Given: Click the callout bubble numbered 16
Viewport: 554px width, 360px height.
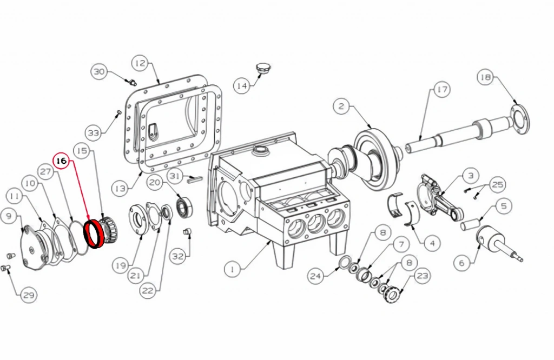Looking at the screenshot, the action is [x=62, y=161].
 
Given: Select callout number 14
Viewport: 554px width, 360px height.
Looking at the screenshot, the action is [x=242, y=86].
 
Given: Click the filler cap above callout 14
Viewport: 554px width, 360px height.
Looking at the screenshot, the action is [x=262, y=69].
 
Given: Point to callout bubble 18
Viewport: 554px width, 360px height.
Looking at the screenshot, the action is [x=486, y=77].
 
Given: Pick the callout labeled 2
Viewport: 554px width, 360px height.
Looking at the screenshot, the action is [x=341, y=106].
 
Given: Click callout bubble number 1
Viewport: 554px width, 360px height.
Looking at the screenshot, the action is [x=233, y=269].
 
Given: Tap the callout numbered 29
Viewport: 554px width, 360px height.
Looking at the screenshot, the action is [x=29, y=295].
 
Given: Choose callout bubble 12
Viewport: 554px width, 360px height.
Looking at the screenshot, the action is [x=141, y=63].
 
